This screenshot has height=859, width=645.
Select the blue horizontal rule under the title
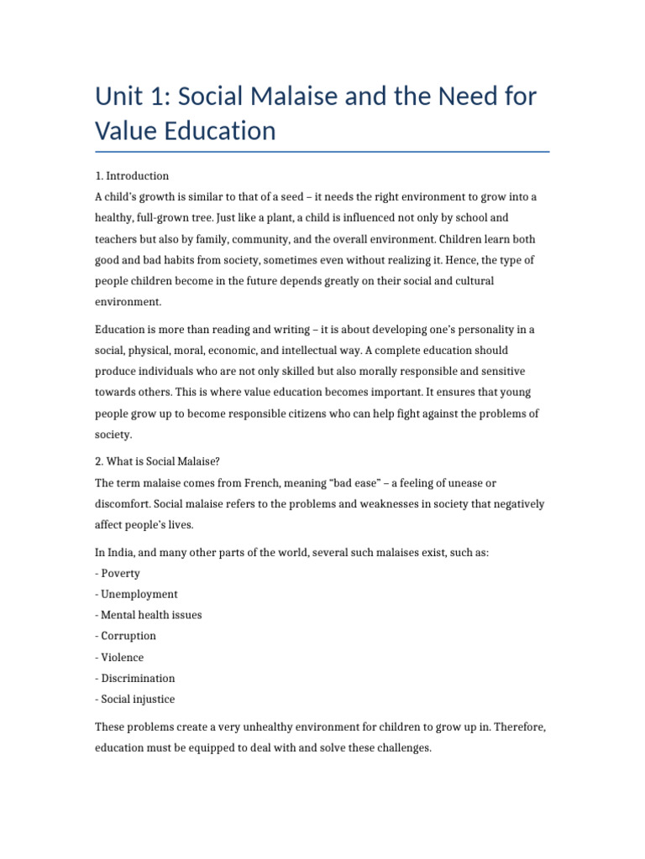(x=322, y=152)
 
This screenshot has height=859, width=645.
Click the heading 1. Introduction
(x=132, y=176)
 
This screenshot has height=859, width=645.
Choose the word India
(x=123, y=553)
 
